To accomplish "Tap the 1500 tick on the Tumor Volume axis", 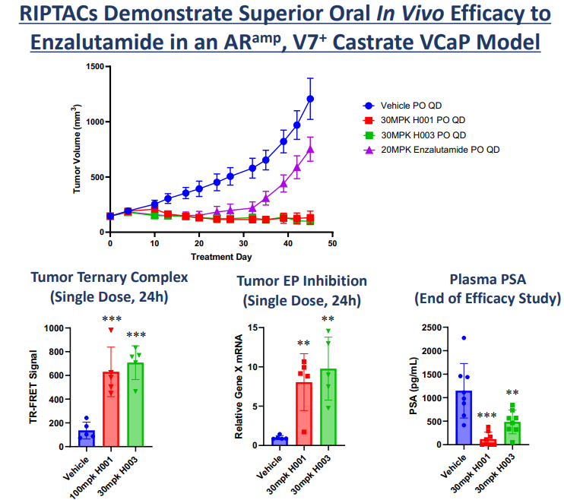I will coord(95,67).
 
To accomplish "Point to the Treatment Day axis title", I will coord(220,257).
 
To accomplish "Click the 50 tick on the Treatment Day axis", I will coord(331,243).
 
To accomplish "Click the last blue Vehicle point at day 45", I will coord(310,99).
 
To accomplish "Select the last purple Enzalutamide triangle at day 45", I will coord(310,149).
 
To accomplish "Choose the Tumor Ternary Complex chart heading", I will coord(109,278).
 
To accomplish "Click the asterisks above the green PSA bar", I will coord(513,393).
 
